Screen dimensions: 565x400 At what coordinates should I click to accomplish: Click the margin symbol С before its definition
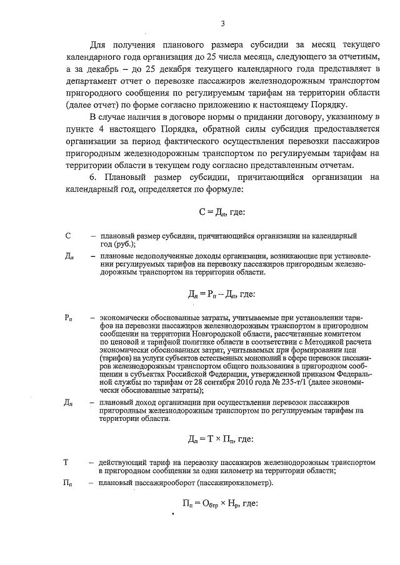[67, 237]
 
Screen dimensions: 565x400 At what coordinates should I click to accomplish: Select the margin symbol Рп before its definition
[69, 318]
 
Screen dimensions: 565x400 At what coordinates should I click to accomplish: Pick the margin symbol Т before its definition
[66, 462]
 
